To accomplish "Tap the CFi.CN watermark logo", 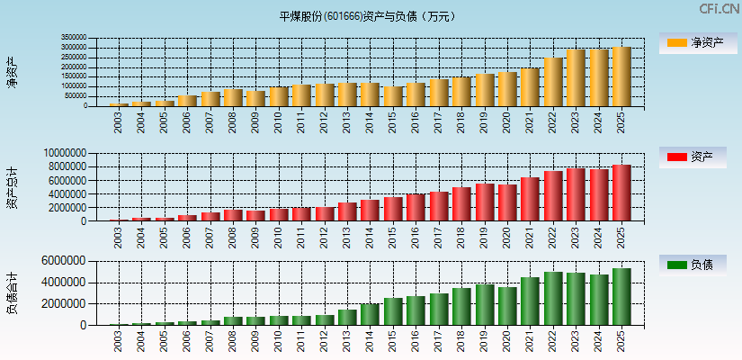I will pyautogui.click(x=720, y=9).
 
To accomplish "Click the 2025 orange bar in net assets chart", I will pyautogui.click(x=621, y=76).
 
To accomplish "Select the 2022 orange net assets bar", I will pyautogui.click(x=553, y=82).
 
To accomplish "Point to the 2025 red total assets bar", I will pyautogui.click(x=621, y=193).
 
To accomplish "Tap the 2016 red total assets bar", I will pyautogui.click(x=416, y=207).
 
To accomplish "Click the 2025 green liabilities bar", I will pyautogui.click(x=621, y=296).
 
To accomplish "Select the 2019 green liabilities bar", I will pyautogui.click(x=484, y=304).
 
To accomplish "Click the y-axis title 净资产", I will pyautogui.click(x=12, y=72).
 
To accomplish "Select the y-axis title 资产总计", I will pyautogui.click(x=12, y=187).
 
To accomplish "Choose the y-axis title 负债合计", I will pyautogui.click(x=12, y=293).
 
